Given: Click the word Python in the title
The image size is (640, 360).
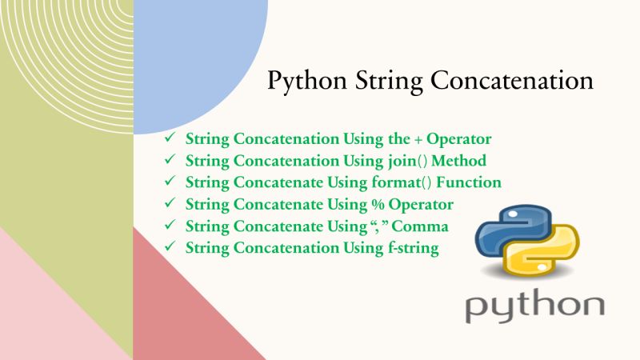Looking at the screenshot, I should pyautogui.click(x=302, y=82).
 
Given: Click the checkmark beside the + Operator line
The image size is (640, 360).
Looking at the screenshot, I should pyautogui.click(x=169, y=138).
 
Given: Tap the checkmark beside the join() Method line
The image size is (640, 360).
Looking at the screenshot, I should pyautogui.click(x=169, y=160).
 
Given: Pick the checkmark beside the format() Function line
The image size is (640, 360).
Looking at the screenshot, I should pyautogui.click(x=169, y=182).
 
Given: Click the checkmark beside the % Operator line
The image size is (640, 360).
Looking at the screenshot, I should pyautogui.click(x=169, y=203).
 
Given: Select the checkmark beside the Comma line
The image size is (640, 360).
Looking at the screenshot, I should pyautogui.click(x=169, y=226).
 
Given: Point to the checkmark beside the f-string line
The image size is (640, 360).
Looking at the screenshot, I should pyautogui.click(x=169, y=247).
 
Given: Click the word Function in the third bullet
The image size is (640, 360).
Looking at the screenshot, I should pyautogui.click(x=470, y=182).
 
